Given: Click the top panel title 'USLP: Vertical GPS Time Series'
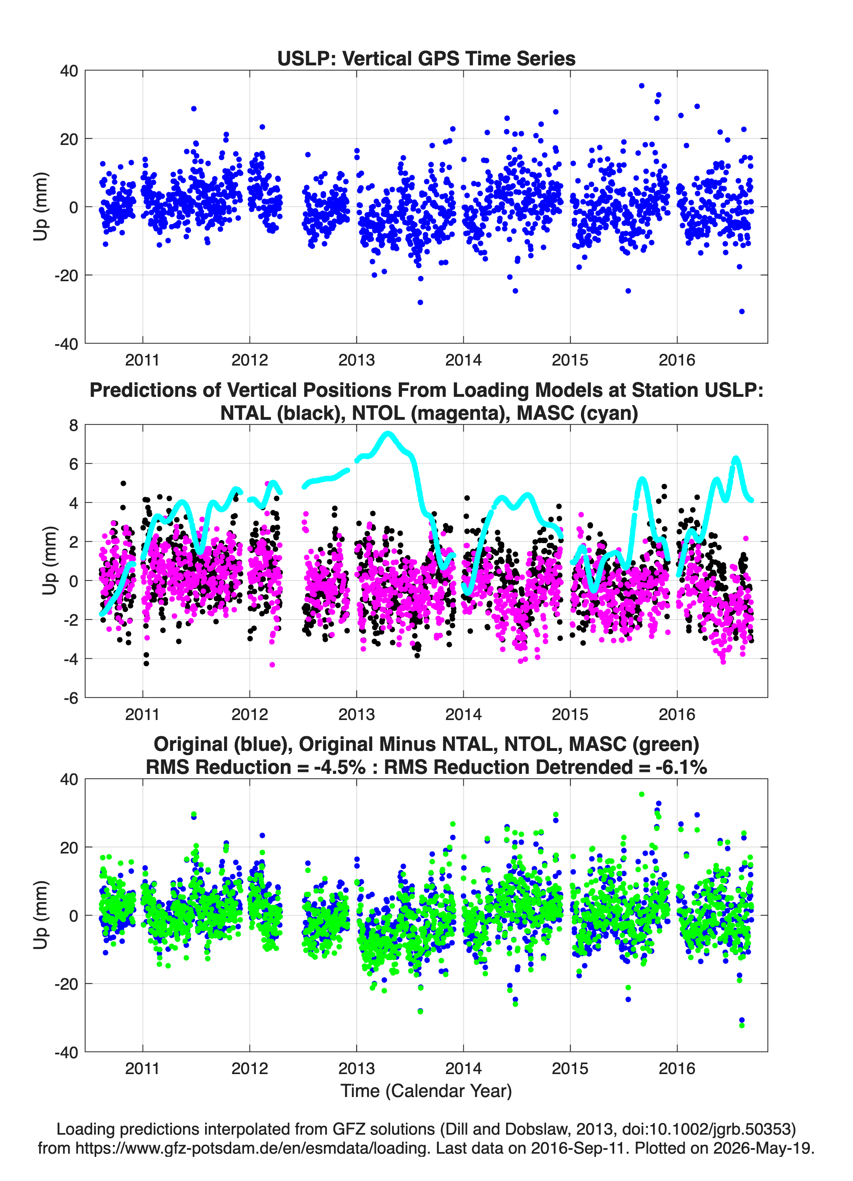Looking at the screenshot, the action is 426,58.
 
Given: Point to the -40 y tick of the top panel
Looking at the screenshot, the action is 66,344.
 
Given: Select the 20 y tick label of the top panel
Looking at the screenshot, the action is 69,139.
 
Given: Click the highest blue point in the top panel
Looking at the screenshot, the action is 642,86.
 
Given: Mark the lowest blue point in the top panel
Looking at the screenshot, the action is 742,311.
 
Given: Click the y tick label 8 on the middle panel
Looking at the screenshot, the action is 73,425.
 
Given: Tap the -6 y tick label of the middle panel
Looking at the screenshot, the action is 71,698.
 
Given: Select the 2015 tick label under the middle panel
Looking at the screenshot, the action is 570,714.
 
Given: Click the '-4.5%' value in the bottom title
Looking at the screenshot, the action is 339,767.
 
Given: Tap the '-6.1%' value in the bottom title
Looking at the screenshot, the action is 681,767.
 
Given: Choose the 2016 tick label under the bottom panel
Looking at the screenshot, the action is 677,1069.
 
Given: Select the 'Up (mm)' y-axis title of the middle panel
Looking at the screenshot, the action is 49,561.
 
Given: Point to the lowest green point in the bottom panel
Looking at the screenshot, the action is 742,1026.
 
